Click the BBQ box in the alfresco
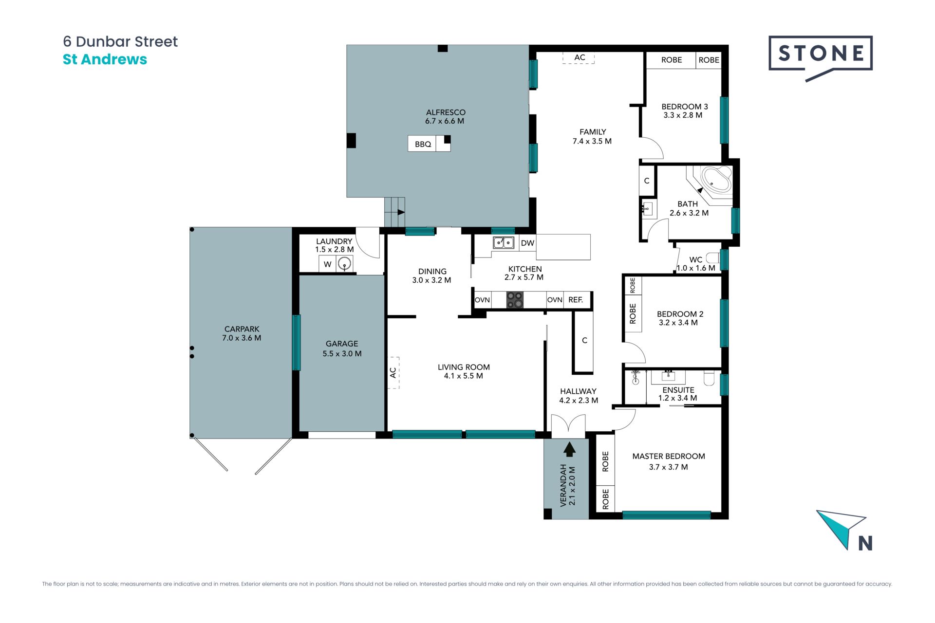[x=429, y=144]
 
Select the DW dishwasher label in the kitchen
[x=527, y=243]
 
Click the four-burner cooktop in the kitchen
[x=515, y=300]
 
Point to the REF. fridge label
[x=576, y=300]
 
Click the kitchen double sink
[x=503, y=242]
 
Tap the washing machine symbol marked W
[x=328, y=264]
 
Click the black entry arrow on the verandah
[x=569, y=449]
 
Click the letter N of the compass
[x=865, y=543]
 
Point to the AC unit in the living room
[x=393, y=373]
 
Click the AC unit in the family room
[x=579, y=58]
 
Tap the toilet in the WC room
[x=713, y=257]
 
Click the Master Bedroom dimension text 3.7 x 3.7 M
[x=668, y=467]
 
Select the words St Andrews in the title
[x=105, y=59]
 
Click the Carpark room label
[x=242, y=329]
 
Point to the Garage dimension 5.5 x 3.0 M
[x=342, y=354]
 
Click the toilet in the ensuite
[x=709, y=378]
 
